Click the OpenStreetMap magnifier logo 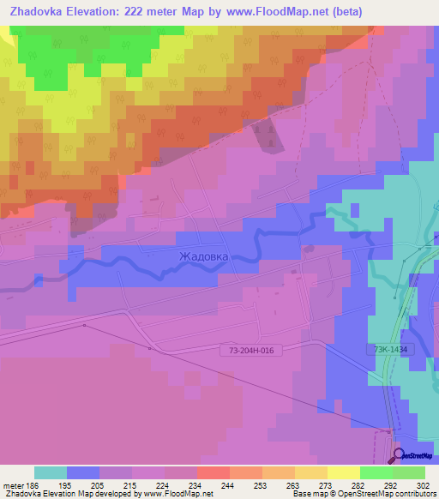398,455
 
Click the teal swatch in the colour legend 51,472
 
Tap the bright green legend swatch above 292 376,472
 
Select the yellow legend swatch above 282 343,472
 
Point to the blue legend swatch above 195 83,472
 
